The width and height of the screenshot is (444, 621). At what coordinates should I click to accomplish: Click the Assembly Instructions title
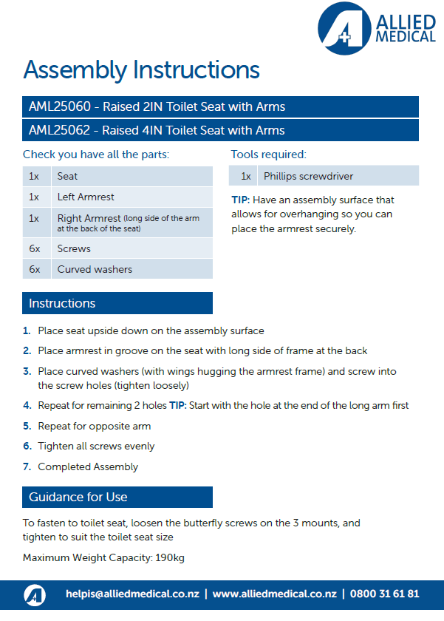(141, 70)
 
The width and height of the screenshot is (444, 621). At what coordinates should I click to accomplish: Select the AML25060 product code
(62, 106)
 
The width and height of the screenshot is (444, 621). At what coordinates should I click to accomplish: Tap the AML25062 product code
(62, 130)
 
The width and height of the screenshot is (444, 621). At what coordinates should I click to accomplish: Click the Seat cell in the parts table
(67, 176)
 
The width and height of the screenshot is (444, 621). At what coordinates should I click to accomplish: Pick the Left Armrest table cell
(86, 197)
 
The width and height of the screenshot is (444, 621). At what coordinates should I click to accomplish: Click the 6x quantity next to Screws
(35, 248)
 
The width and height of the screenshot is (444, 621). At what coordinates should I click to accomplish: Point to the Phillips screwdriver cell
(308, 176)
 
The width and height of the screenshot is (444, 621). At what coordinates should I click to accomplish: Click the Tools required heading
(268, 155)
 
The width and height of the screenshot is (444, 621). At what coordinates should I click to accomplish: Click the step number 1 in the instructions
(27, 330)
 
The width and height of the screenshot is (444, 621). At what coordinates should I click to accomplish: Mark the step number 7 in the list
(27, 466)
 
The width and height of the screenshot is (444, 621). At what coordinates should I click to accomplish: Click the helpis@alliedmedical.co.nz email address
(132, 594)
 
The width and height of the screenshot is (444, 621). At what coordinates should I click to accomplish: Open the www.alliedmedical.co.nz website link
(274, 594)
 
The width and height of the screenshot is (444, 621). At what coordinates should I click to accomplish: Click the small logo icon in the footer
(35, 594)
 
